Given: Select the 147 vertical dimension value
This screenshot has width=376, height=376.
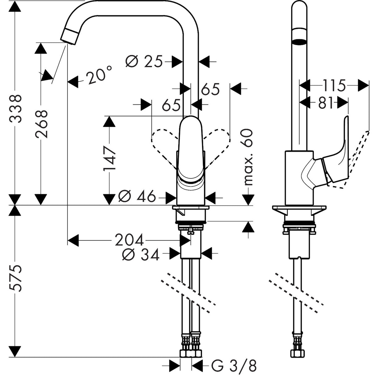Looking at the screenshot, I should [110, 159].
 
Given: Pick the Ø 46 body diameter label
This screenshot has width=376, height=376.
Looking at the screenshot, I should [137, 196].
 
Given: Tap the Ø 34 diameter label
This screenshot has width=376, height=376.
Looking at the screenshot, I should [141, 255].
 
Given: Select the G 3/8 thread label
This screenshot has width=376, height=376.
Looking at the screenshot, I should [234, 365].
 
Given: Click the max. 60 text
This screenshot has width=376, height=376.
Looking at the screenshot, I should [248, 157].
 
